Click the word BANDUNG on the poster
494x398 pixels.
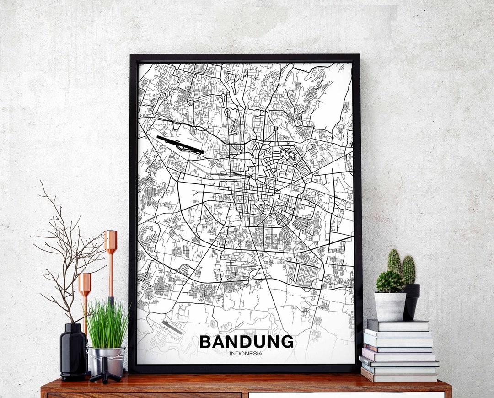[247, 342]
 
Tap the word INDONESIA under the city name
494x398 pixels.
[246, 353]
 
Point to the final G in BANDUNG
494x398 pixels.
[287, 342]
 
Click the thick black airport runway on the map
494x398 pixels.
[180, 144]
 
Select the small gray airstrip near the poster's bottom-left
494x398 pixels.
[172, 327]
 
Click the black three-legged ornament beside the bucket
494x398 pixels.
[105, 373]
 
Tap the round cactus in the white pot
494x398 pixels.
[390, 282]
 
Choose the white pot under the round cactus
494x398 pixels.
[390, 307]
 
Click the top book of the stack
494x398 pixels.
[398, 325]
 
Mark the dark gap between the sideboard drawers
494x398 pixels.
[245, 395]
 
